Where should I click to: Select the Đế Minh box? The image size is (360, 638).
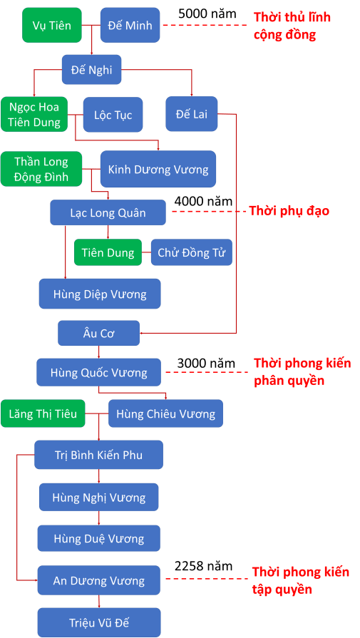coord(125,25)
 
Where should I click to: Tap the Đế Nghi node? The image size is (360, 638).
coord(91,70)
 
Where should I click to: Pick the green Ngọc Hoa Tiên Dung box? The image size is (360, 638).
coord(34,114)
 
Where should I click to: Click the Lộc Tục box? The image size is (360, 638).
coord(113,115)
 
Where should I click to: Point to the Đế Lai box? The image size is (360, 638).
coord(191,113)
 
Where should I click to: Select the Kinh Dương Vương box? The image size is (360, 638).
coord(158,169)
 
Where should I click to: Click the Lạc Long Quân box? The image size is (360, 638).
coord(108,212)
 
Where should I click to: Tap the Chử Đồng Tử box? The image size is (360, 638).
coord(191,252)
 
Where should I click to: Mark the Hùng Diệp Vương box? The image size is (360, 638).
coord(99,293)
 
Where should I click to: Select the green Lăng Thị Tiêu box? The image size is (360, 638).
coord(43,413)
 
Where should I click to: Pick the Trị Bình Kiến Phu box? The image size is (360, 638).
coord(98,454)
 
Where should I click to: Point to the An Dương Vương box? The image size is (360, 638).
coord(98,580)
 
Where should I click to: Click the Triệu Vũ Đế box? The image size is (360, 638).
coord(98,622)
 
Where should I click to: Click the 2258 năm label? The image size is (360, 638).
coord(203,566)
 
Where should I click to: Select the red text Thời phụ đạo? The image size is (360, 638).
coord(289,212)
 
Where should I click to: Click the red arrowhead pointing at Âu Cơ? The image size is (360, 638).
coord(143,332)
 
